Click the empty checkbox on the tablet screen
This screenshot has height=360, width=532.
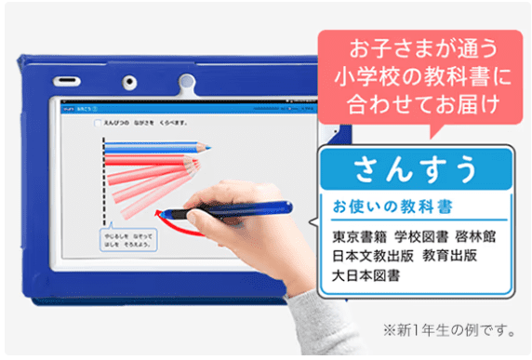[x=96, y=122]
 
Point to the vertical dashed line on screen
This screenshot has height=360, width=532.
[x=104, y=182]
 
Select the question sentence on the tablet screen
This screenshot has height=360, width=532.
[x=145, y=122]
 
